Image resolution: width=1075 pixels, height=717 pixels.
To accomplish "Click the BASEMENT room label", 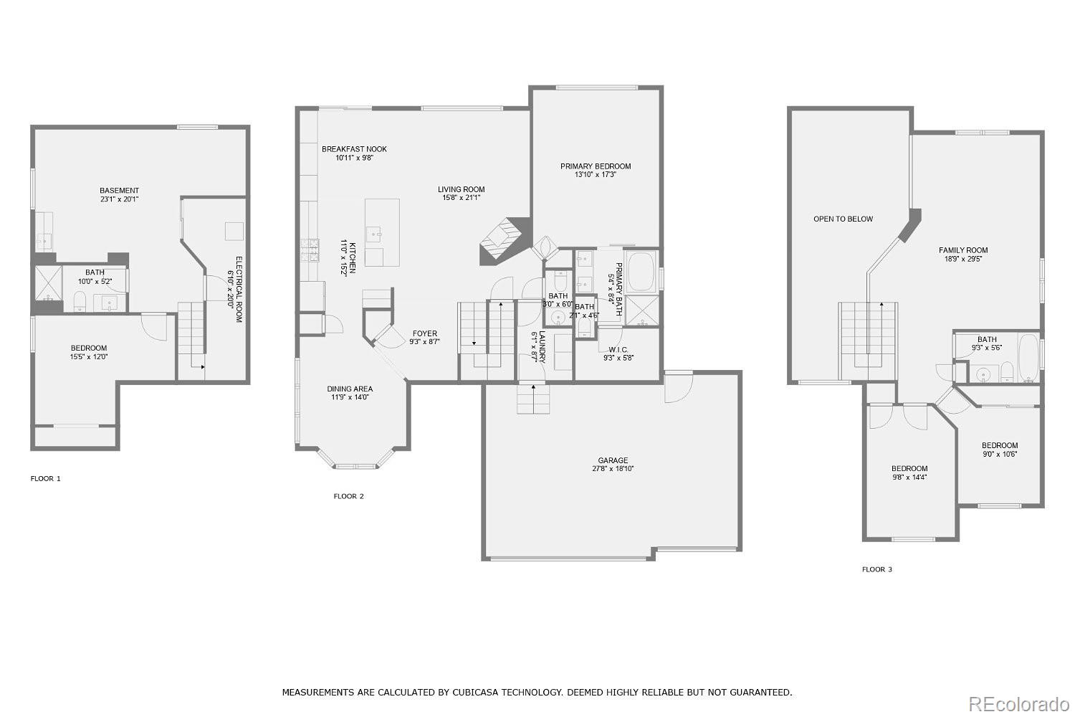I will tap(119, 191).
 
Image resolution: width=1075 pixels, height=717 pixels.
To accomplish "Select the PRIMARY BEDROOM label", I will tap(596, 166).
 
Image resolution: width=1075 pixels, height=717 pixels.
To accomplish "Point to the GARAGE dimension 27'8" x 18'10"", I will tap(613, 469).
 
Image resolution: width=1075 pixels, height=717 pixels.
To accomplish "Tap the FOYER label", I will tap(424, 333).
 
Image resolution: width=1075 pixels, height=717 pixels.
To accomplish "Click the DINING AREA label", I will tap(350, 389).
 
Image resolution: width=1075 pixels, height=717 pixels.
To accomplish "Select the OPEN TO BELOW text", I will tap(843, 219).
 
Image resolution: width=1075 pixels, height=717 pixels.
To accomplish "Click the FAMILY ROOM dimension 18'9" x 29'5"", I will tap(963, 259).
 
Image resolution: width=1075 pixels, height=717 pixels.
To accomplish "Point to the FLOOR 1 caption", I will tap(45, 478).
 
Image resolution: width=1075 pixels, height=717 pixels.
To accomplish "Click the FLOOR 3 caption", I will tap(876, 569).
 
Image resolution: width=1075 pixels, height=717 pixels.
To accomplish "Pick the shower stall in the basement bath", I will tap(48, 283).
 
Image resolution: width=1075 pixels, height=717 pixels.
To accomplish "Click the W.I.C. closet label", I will tap(618, 349).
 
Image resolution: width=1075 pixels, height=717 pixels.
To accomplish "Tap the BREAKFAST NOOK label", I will tap(354, 149).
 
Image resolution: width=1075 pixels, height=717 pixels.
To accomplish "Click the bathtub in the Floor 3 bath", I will tap(1028, 357).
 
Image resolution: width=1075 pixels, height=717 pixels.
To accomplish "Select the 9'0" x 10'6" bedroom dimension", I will tap(999, 454).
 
